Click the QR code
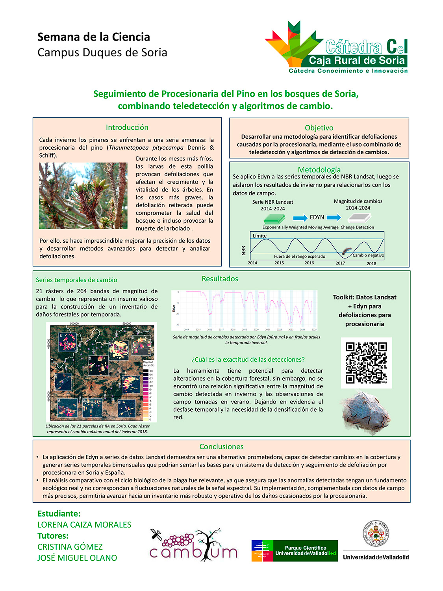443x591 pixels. click(x=366, y=362)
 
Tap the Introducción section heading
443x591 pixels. click(x=127, y=127)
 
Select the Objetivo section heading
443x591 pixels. click(x=319, y=128)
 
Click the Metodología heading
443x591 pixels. click(x=319, y=170)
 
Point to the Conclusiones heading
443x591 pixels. click(x=221, y=446)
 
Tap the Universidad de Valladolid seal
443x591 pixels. click(x=376, y=533)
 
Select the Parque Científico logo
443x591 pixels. click(x=295, y=550)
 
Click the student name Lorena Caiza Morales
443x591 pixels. click(x=84, y=524)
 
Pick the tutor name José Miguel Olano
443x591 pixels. click(x=77, y=558)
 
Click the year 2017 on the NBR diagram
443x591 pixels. click(x=340, y=263)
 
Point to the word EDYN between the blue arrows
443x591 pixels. click(x=317, y=217)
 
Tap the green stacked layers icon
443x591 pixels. click(x=274, y=219)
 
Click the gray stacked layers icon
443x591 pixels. click(x=360, y=218)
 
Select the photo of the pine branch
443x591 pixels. click(x=83, y=196)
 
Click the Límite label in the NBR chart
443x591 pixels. click(x=259, y=236)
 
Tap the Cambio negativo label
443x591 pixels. click(x=368, y=255)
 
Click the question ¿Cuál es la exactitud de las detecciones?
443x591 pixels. click(x=248, y=359)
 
